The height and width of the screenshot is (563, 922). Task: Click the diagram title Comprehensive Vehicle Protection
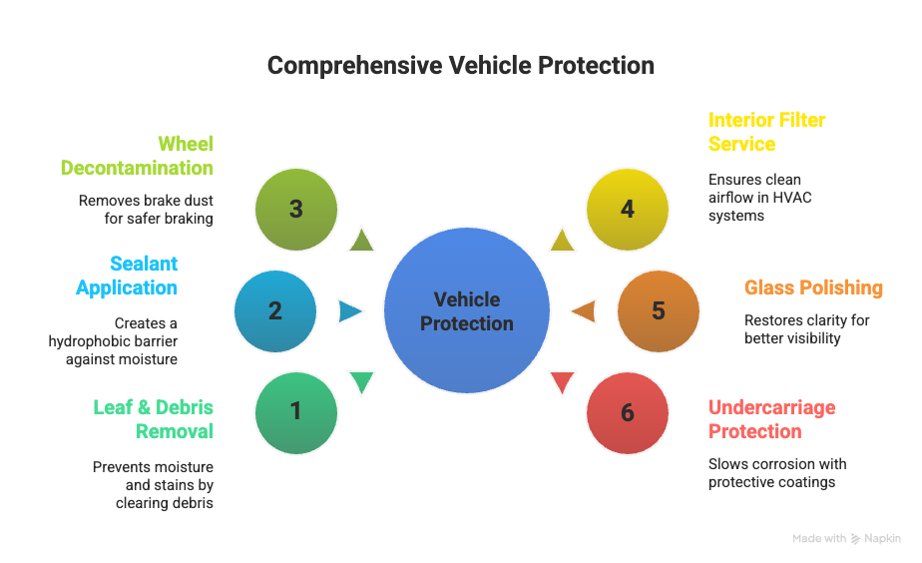click(460, 66)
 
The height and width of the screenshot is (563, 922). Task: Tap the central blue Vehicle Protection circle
click(467, 311)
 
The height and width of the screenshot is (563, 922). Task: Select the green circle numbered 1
click(295, 411)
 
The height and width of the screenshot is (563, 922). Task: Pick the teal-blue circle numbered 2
click(275, 311)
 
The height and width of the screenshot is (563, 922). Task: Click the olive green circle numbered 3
click(295, 210)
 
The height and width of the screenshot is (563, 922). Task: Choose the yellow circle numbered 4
click(627, 210)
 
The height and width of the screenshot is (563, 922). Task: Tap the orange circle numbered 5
click(658, 311)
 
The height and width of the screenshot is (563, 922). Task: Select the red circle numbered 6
click(627, 412)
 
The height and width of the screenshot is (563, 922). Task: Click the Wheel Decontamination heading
click(138, 156)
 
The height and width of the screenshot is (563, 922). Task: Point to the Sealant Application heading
click(128, 276)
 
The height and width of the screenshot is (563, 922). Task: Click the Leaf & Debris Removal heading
click(154, 419)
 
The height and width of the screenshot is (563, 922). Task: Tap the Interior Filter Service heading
click(766, 132)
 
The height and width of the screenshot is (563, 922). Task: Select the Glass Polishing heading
click(813, 287)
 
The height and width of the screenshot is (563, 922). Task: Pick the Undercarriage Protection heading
click(771, 419)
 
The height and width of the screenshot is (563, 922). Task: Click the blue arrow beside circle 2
click(350, 311)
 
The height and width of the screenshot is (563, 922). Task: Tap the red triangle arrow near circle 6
click(563, 382)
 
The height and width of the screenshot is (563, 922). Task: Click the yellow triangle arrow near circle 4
click(562, 240)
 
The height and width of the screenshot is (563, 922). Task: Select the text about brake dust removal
click(146, 209)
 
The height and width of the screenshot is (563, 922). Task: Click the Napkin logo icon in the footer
click(855, 539)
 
